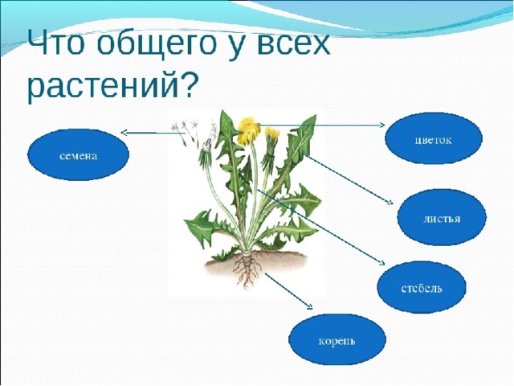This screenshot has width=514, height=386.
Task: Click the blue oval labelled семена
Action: [x=78, y=155]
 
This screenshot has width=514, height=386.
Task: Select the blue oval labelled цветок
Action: [x=434, y=138]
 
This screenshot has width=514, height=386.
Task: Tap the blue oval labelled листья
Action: [x=442, y=217]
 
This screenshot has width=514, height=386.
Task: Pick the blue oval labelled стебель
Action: [x=422, y=287]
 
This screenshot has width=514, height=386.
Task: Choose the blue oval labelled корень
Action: [x=337, y=339]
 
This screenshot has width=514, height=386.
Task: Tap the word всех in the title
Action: [x=286, y=43]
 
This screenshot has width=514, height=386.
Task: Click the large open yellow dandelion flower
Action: [x=248, y=130]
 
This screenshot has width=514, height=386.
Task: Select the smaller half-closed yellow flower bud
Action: [x=271, y=137]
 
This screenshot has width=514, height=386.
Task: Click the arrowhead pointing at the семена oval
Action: [x=124, y=133]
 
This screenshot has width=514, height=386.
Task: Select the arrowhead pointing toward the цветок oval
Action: [x=381, y=125]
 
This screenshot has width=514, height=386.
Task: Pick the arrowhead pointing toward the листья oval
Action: [x=390, y=202]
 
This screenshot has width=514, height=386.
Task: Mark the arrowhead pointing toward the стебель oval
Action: [x=381, y=262]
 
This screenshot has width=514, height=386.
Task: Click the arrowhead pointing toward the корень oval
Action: [x=309, y=306]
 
